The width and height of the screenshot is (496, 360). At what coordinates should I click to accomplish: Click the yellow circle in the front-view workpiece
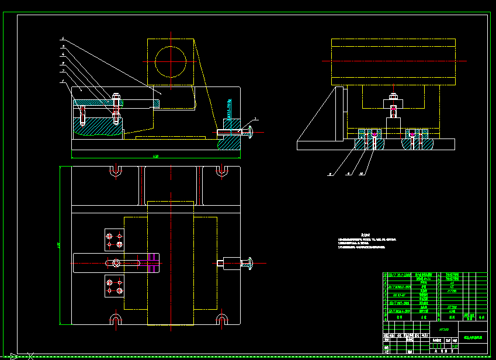coord(171,61)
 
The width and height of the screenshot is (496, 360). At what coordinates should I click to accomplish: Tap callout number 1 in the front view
coord(63,81)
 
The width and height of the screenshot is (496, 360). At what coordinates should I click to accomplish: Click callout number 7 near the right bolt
coord(255,119)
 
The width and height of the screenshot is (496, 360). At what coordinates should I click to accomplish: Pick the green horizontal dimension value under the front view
coord(155,157)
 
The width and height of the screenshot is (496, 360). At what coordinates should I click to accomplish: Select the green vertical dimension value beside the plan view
coord(59,244)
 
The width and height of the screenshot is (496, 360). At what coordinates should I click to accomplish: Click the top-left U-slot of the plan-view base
coord(115,171)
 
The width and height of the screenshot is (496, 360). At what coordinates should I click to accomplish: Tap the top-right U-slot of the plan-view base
coord(221,171)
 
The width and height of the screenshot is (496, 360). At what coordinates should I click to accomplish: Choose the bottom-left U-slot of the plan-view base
coord(115,319)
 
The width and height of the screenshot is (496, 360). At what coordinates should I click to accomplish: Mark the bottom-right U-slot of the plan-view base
coord(221,319)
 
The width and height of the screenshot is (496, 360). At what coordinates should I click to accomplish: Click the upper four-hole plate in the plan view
coord(113,238)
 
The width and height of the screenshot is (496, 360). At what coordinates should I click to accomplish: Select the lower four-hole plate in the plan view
coord(113,286)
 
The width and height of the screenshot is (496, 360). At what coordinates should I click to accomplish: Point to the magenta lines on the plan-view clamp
coord(153,262)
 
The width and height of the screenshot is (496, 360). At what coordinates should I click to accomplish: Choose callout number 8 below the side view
coord(329,174)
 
